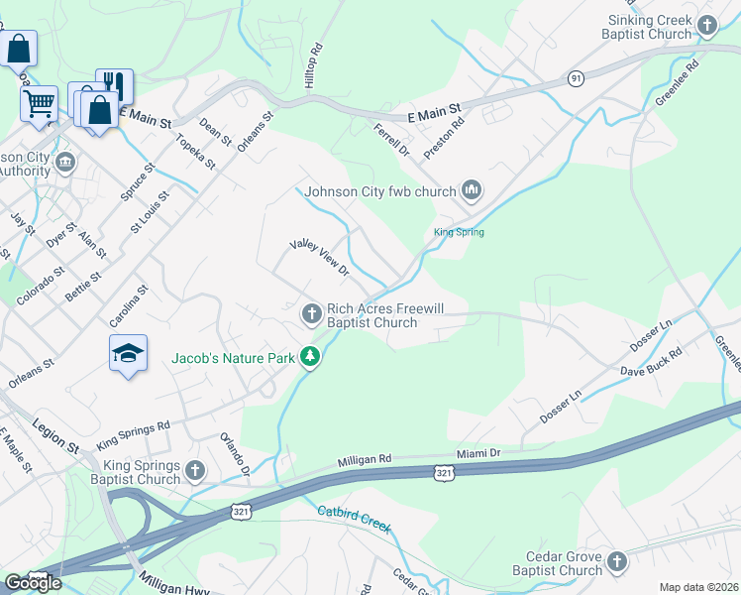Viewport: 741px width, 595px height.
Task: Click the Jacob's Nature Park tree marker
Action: click(311, 356)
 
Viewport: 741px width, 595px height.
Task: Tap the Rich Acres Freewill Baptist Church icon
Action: click(311, 314)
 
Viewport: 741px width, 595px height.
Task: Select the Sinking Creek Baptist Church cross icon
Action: click(707, 26)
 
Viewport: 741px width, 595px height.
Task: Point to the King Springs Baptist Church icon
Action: click(194, 470)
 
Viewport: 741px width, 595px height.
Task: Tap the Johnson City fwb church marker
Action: click(471, 190)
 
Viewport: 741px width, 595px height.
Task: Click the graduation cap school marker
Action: click(128, 354)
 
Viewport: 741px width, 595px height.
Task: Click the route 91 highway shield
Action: click(576, 77)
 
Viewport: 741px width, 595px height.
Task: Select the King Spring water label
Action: click(459, 233)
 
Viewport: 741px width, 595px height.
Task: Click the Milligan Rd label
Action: click(365, 460)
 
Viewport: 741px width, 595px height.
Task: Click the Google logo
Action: click(33, 582)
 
